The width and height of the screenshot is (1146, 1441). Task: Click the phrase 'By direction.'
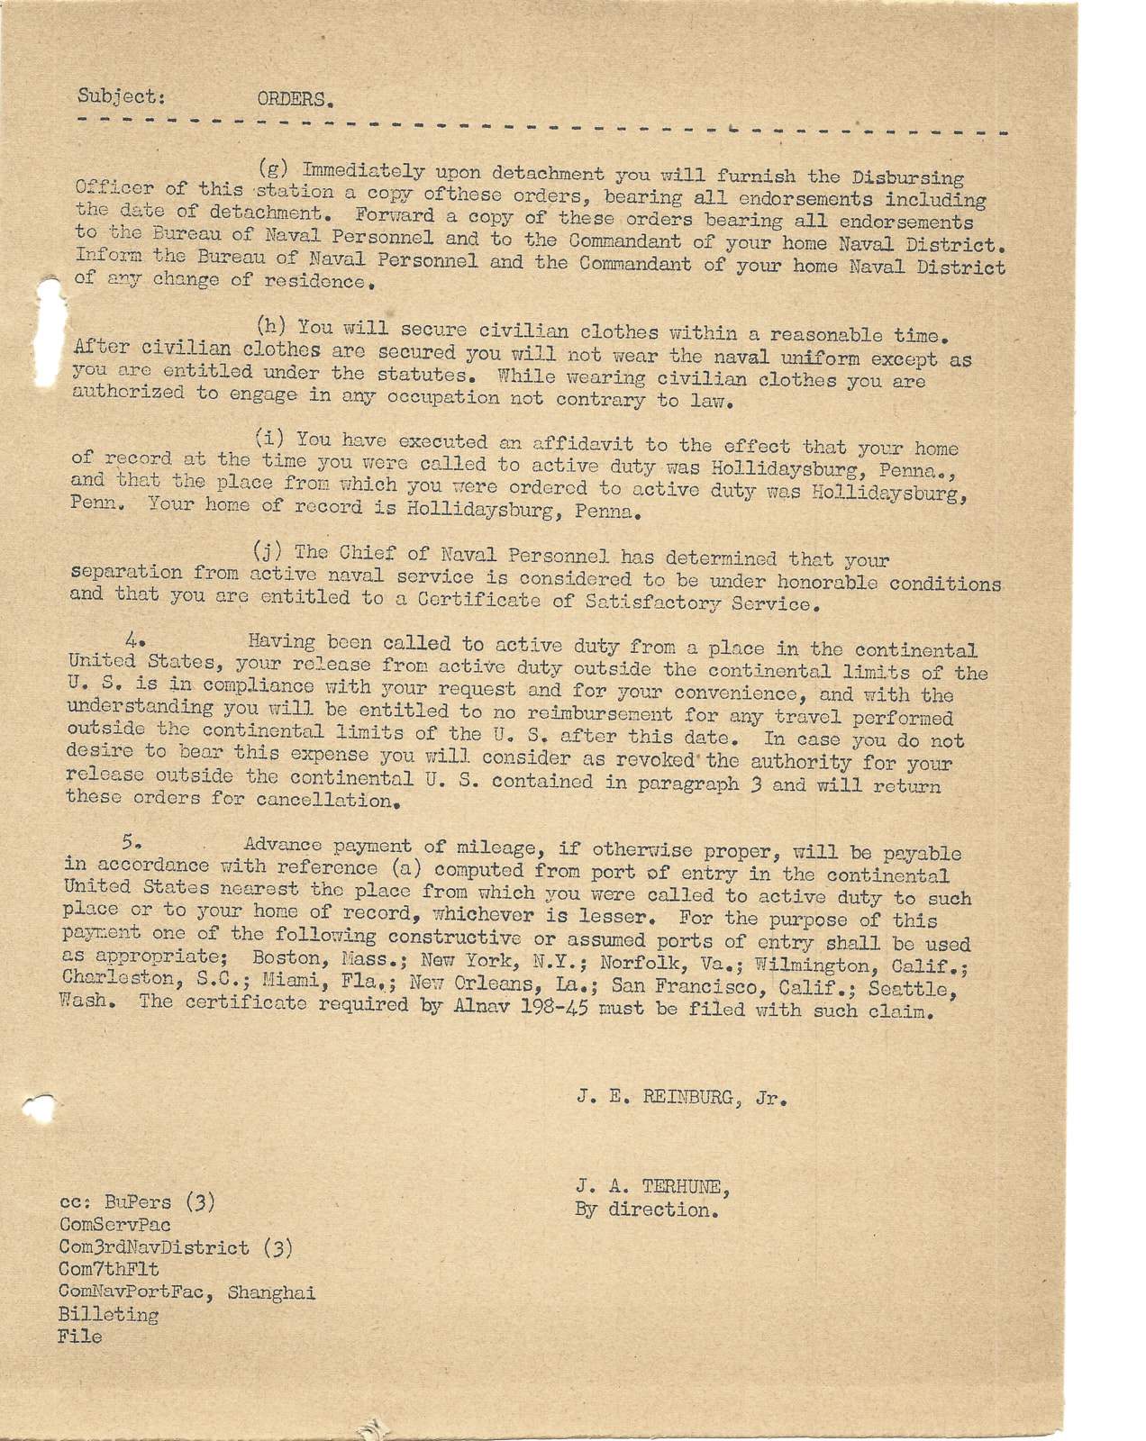646,1210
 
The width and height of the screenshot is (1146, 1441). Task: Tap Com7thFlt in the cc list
108,1270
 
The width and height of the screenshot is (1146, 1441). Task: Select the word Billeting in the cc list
108,1314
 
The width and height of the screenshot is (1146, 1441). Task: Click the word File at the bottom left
79,1337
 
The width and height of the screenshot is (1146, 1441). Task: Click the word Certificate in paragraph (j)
492,601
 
